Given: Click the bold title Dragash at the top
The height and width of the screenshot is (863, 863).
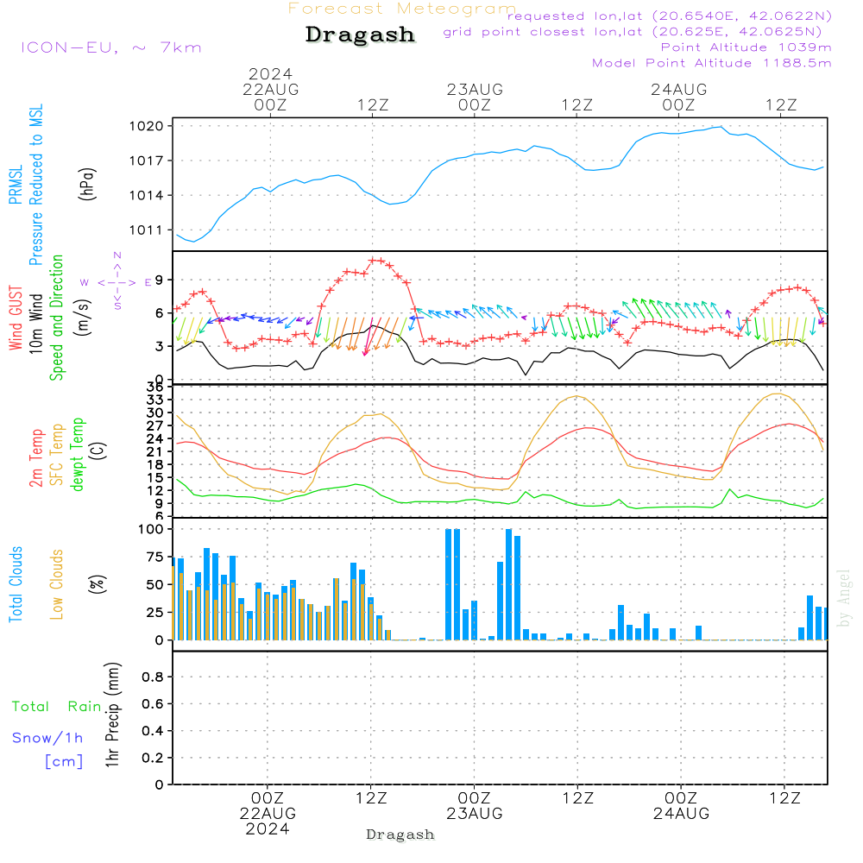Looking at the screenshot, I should (360, 35).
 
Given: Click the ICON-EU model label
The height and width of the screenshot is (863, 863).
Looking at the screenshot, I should (110, 47).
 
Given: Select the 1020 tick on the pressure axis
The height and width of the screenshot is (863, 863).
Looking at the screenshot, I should (151, 126).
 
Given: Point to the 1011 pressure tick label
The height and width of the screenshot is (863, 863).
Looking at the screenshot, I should (151, 230).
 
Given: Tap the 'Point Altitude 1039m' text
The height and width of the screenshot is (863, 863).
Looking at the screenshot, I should (746, 47).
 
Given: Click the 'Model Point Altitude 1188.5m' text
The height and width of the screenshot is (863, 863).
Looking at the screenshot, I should (711, 63).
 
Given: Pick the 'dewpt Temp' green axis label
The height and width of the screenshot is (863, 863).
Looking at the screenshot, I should (78, 454).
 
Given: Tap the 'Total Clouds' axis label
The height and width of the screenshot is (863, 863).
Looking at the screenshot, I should (16, 584).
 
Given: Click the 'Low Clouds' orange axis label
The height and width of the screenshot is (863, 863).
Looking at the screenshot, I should (57, 584).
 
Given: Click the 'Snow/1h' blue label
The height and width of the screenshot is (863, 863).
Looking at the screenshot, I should (47, 739).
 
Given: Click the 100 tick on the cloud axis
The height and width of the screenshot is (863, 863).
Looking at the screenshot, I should (151, 529).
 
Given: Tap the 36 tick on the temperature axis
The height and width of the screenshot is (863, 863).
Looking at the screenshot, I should (156, 387).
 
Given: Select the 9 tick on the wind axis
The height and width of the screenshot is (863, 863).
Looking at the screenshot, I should (160, 280).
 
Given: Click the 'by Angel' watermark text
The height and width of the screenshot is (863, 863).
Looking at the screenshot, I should (845, 597).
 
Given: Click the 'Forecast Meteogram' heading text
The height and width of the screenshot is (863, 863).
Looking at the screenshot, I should (402, 9).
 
